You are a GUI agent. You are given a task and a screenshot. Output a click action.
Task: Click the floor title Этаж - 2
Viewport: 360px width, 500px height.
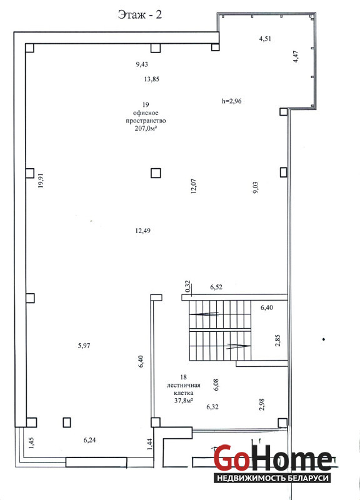point(139,14)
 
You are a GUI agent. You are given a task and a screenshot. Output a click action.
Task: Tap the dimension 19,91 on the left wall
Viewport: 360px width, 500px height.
point(41,181)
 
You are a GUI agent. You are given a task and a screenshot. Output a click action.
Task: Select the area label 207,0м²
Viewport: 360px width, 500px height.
point(147,129)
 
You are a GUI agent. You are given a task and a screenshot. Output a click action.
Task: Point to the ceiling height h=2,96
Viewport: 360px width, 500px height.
point(231,101)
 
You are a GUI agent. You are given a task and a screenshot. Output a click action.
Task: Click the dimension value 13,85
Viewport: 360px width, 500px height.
point(151,79)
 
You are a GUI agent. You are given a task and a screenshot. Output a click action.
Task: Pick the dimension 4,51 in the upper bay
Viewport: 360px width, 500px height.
point(265,39)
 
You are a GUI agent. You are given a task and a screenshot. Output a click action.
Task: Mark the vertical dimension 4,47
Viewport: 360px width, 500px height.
point(296,57)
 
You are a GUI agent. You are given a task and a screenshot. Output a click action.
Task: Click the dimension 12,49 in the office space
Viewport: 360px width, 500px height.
point(143,231)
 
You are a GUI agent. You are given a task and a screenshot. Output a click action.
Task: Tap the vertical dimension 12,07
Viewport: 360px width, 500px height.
point(194,186)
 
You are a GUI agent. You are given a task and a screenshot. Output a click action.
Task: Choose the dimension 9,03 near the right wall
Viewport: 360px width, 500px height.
point(256,188)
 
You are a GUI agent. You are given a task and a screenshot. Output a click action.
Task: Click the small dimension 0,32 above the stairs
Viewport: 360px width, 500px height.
point(187,286)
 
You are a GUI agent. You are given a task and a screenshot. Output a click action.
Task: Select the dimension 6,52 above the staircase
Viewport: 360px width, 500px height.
point(216,287)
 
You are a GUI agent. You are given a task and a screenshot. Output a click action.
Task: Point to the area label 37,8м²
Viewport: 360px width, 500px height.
point(183,401)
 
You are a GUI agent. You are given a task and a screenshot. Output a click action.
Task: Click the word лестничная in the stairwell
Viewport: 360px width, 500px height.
point(183,385)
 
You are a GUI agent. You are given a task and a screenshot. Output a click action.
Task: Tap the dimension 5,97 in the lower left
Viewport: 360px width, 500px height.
point(84,346)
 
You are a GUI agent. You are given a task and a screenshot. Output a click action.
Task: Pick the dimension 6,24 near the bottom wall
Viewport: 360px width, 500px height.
point(89,440)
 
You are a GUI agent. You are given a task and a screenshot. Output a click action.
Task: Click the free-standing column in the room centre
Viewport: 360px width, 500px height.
point(156,173)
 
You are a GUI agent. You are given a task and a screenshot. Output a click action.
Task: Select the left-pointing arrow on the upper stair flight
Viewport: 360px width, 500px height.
point(204,314)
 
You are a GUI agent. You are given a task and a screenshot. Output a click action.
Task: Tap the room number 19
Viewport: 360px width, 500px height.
point(146,104)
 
